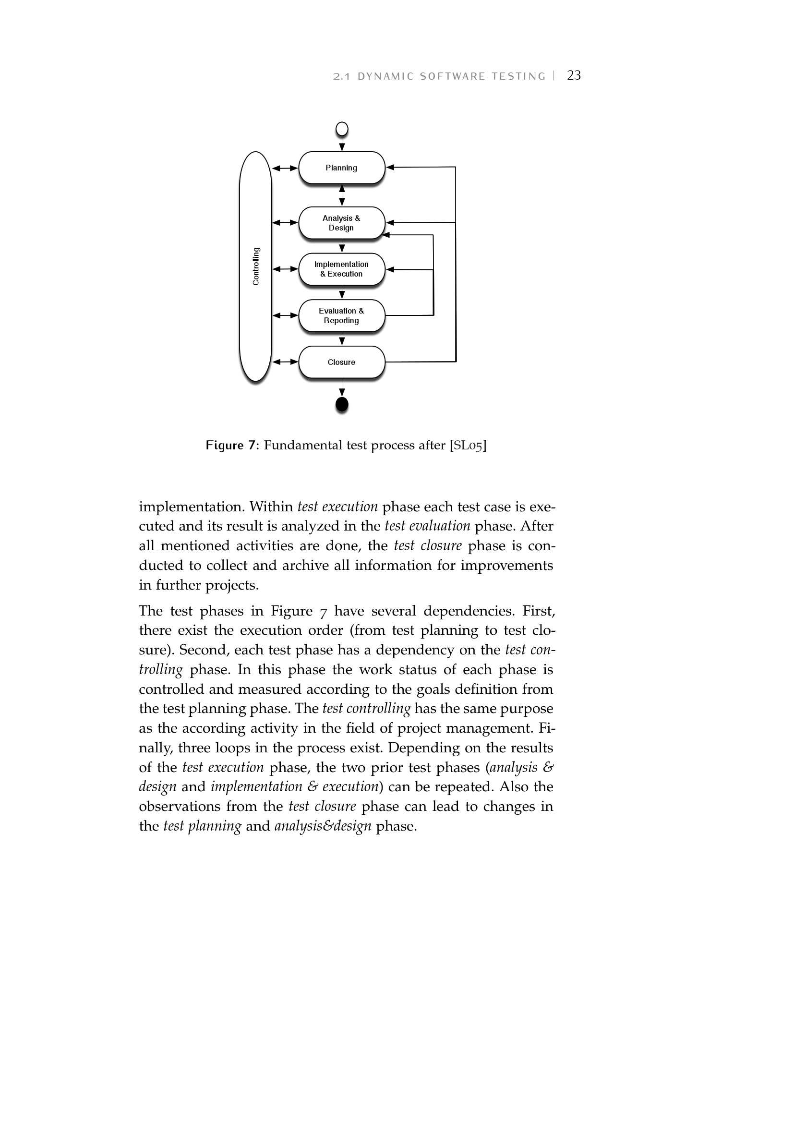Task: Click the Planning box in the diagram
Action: [341, 168]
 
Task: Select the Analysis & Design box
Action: [341, 223]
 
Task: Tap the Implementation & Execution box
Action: [341, 269]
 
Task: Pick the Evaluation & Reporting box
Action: [341, 315]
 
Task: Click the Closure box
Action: [341, 362]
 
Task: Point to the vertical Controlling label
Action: [256, 266]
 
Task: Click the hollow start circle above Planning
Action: [342, 129]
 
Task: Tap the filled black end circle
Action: [342, 404]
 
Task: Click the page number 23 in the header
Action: [574, 75]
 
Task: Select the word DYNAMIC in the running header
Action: [386, 76]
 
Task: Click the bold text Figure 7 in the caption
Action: [231, 445]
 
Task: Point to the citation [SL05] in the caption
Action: [468, 445]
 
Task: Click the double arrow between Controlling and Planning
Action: [285, 168]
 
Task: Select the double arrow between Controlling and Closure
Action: [285, 362]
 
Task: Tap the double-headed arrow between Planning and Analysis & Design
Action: [342, 195]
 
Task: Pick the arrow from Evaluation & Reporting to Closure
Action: [342, 338]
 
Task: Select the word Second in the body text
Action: [202, 650]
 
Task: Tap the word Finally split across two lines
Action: [547, 728]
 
